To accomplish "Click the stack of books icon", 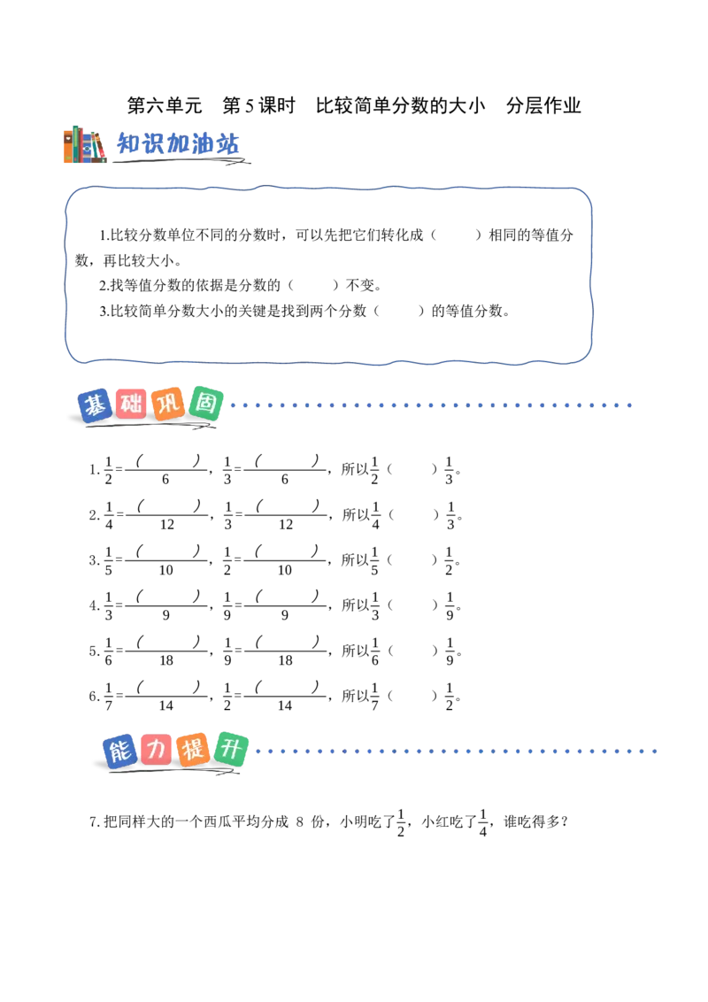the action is pos(85,144).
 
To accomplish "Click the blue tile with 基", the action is pos(96,405).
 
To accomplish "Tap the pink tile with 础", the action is pos(132,404).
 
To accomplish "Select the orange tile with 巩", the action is pos(169,404).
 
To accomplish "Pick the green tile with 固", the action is pos(205,404).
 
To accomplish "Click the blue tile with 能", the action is pos(120,751).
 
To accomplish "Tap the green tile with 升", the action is pos(231,748).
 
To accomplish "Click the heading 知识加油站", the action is pos(178,143).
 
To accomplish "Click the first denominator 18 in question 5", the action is pos(166,660).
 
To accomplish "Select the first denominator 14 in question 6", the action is pos(166,705).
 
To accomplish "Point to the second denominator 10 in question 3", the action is pos(285,570).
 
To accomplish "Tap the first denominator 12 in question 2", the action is pos(166,525).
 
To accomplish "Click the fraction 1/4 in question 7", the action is pos(483,822).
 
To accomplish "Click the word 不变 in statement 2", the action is pos(359,285).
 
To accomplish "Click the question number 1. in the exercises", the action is pos(94,470).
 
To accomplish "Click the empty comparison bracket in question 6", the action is pos(412,696).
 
